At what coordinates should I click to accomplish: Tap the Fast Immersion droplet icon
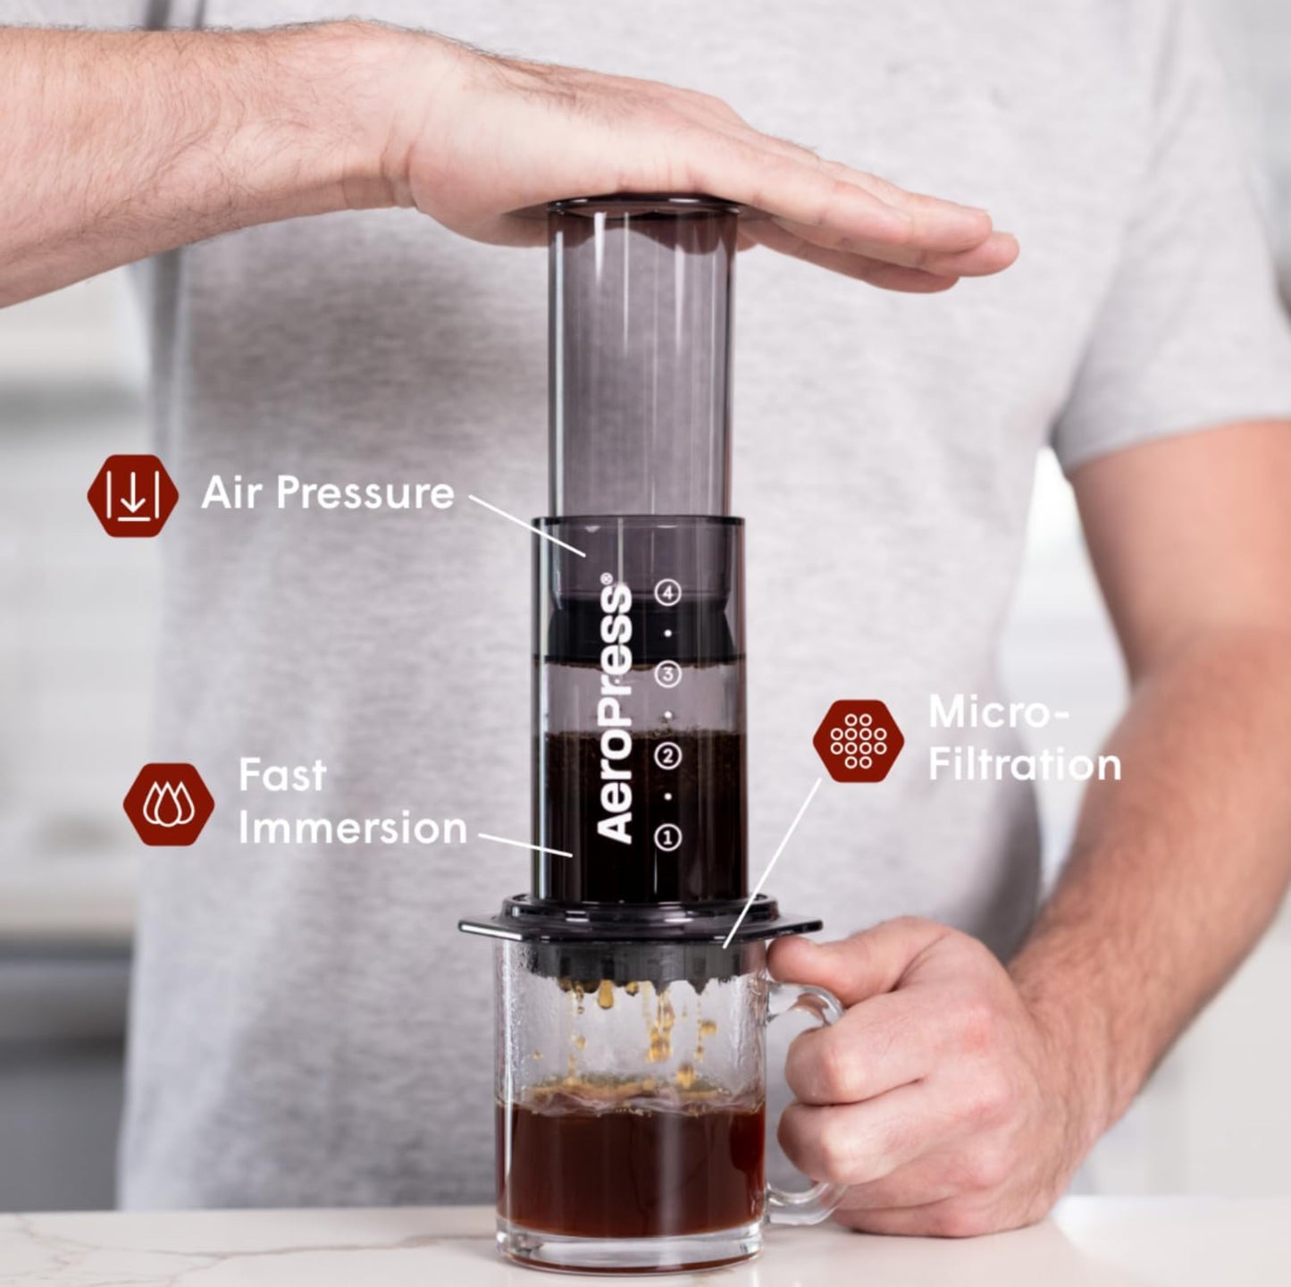click(168, 803)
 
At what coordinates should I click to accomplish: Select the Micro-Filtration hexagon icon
click(858, 741)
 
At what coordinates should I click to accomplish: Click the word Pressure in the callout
click(365, 493)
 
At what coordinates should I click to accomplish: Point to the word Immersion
click(352, 829)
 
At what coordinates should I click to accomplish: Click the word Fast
click(281, 775)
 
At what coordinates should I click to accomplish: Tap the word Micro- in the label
click(998, 712)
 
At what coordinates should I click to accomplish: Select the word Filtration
click(1024, 766)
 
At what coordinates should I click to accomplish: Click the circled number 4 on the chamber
click(668, 593)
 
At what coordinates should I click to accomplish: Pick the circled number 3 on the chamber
click(668, 674)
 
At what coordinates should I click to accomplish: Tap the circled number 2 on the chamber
click(668, 756)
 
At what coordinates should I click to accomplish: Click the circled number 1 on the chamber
click(668, 837)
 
